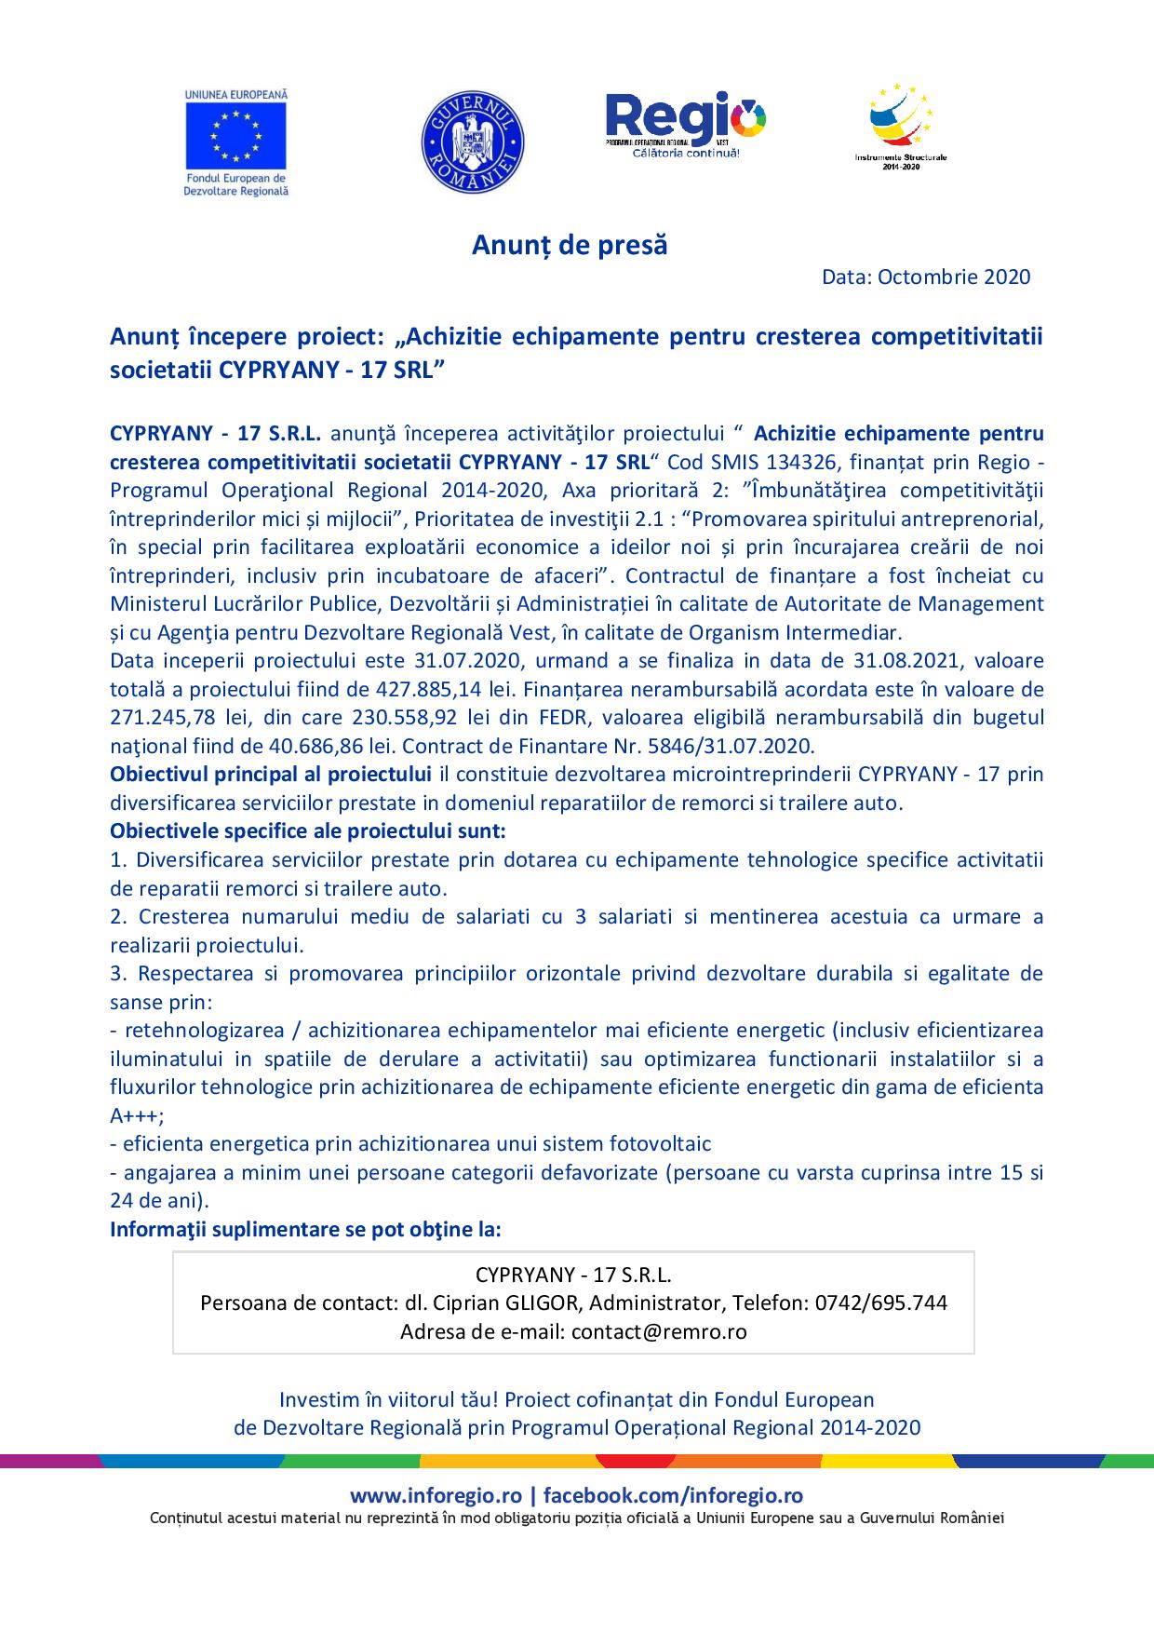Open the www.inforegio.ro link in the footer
[436, 1495]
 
